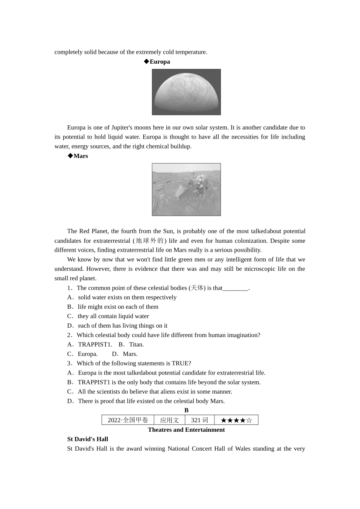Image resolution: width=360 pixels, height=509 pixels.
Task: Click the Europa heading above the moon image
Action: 160,62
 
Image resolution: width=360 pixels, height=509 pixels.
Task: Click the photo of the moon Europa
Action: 186,92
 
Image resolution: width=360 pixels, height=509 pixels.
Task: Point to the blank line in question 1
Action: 235,288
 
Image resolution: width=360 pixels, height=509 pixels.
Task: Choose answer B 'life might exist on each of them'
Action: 117,307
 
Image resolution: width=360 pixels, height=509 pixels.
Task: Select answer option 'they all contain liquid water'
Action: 113,316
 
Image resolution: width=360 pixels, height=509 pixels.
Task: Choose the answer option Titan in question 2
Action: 136,345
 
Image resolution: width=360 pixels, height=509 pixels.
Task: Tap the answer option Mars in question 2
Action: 130,354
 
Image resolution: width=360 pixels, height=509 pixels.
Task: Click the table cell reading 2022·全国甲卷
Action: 128,420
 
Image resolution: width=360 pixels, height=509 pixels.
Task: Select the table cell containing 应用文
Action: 169,420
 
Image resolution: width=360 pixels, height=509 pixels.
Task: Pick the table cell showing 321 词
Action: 199,420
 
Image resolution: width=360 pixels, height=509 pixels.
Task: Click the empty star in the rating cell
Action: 249,420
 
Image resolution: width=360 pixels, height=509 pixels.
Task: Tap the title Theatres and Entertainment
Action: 186,430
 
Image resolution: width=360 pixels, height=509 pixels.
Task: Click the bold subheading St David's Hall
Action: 88,439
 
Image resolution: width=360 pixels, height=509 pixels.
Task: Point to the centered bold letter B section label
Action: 186,411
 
